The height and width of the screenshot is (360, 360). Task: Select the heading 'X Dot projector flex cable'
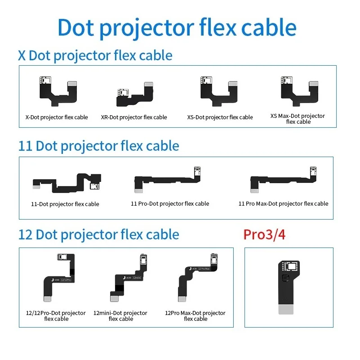pos(95,55)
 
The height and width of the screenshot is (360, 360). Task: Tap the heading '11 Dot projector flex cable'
pos(98,146)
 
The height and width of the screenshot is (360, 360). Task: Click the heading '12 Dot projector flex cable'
pos(98,234)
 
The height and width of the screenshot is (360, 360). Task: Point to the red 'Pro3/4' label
pos(264,234)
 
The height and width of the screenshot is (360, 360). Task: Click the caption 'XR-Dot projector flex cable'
pos(133,117)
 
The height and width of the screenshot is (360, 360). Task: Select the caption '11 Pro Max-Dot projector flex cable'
pos(283,204)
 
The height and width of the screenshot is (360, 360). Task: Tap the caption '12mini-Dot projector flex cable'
pos(120,316)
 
